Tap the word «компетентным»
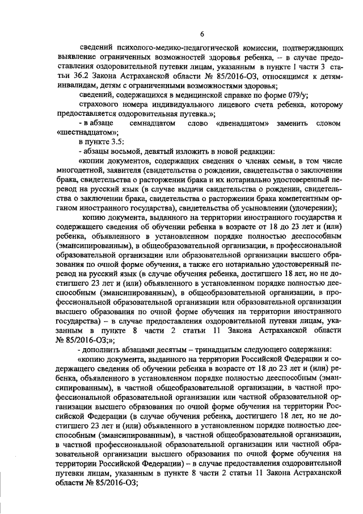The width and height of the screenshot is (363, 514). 298,197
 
